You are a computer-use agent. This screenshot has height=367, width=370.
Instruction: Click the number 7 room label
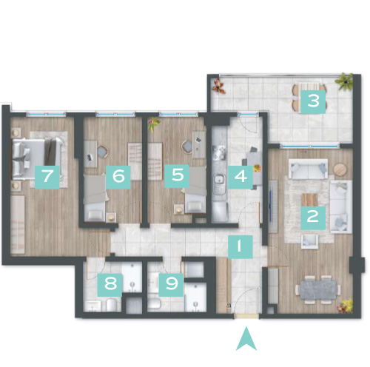coord(47,177)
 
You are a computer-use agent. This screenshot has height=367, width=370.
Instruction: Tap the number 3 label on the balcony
coord(313,101)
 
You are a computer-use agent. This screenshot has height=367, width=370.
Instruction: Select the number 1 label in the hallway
coord(240,246)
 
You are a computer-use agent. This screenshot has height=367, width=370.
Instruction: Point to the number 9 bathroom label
coord(171,285)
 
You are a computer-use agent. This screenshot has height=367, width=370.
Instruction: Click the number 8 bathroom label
coord(110,285)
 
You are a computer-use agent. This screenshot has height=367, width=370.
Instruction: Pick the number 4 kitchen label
coord(240,177)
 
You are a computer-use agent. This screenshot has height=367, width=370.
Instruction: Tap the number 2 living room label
coord(313,218)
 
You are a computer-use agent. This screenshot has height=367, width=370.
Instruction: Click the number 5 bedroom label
coord(177,176)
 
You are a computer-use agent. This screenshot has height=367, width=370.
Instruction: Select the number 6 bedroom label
coord(118,177)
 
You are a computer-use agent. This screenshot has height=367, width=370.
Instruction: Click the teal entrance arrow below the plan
coord(246,340)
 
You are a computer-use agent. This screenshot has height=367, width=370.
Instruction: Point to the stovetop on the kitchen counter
coord(219,152)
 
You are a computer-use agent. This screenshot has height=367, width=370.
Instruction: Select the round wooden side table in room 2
coord(340,169)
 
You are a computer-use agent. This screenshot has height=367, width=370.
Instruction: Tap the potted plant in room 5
coord(154,124)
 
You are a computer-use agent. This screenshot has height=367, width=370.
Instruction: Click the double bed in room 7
coord(37,158)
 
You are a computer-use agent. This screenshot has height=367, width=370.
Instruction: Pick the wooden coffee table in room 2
coord(309,200)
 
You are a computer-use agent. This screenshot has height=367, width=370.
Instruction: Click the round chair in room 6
coord(102,152)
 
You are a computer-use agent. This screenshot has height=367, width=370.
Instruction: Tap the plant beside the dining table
coord(345,306)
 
